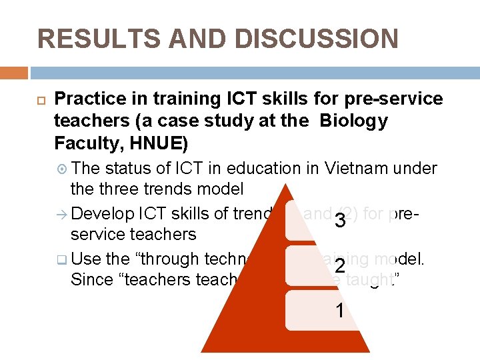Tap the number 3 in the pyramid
pos(340,221)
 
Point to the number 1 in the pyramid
pos(340,311)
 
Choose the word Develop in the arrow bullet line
pos(102,213)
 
